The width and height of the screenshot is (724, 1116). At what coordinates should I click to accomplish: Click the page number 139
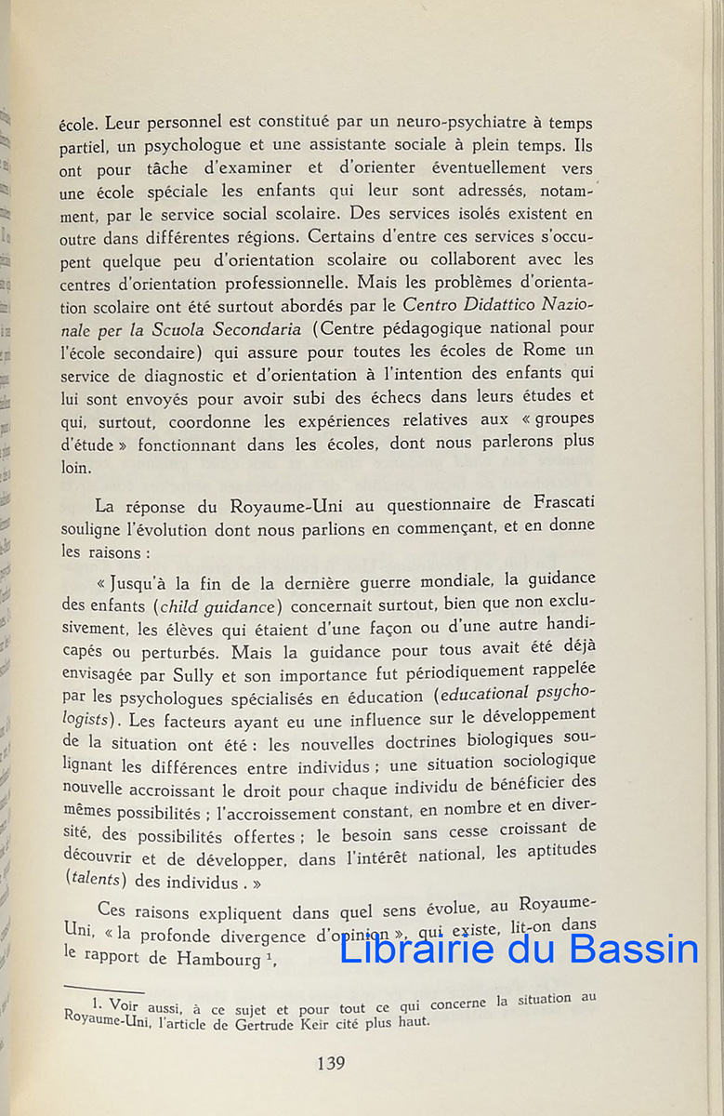pos(331,1063)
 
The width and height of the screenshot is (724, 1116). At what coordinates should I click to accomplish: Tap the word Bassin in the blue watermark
pos(633,949)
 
